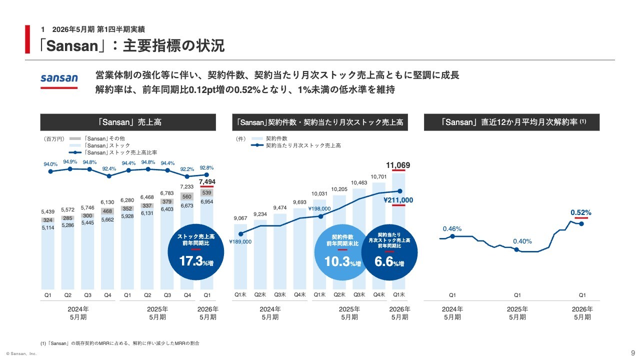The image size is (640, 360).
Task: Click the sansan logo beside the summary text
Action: [59, 78]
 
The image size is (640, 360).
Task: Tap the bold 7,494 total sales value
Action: [207, 181]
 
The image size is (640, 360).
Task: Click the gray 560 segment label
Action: [187, 196]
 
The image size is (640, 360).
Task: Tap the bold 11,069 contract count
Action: [398, 165]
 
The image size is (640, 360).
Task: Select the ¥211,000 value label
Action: [398, 199]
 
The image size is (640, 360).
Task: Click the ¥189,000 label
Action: [240, 241]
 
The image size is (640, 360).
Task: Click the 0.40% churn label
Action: [522, 241]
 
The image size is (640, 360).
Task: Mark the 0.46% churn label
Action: [452, 229]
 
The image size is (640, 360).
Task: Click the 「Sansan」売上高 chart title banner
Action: [128, 122]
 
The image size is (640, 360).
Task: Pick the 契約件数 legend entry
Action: [276, 138]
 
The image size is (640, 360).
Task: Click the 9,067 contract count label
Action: [240, 218]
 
